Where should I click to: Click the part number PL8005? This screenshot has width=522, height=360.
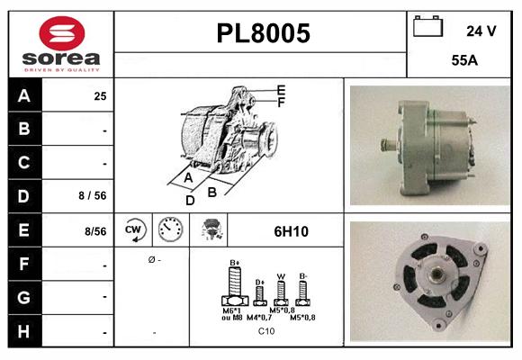tap(264, 33)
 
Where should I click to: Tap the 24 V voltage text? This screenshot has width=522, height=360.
tap(481, 31)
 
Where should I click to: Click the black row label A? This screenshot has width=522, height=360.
tap(24, 95)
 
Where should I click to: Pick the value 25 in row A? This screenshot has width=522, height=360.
tap(100, 95)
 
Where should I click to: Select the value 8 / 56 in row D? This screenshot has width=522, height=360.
tap(94, 195)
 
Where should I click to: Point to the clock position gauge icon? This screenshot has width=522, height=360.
tap(170, 230)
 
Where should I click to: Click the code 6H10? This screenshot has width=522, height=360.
tap(291, 231)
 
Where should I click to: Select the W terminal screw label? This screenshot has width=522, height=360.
tap(280, 276)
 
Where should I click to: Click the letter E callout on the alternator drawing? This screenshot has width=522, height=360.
tap(282, 90)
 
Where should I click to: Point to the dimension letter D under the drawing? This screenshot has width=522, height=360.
tap(190, 200)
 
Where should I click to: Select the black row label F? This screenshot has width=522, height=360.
tap(24, 265)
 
